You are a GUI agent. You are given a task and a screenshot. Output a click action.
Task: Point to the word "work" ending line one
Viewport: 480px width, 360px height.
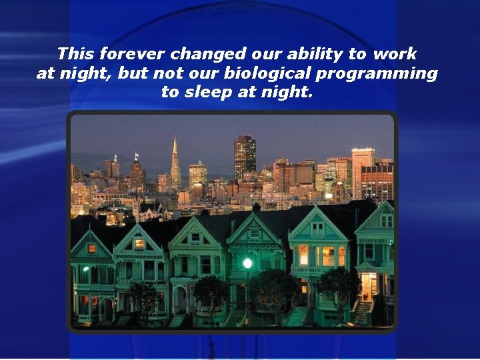[394, 53]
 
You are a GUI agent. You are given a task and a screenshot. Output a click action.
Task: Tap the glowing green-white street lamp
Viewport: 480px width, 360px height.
[247, 263]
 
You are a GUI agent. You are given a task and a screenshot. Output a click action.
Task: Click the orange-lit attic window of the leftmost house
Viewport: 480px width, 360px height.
[91, 248]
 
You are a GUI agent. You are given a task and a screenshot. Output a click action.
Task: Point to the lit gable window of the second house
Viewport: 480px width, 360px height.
[139, 244]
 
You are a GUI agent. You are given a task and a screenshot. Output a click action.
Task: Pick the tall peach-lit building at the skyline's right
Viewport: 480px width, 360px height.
[363, 167]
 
